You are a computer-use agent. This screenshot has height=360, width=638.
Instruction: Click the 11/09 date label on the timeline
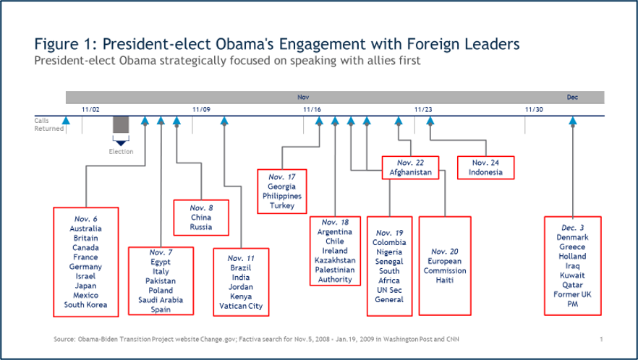point(201,109)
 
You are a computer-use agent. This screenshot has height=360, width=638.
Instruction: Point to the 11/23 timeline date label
point(423,109)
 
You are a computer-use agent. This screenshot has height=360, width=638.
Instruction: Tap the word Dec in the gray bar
point(572,97)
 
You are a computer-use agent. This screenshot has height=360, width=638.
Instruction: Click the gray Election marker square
point(121,124)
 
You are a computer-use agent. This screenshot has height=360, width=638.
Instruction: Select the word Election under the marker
point(121,152)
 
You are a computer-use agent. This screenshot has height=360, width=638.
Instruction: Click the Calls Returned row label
point(49,124)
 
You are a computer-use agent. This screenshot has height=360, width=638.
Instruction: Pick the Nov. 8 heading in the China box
point(201,208)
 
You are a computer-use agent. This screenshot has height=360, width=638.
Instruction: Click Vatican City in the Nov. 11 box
point(241,306)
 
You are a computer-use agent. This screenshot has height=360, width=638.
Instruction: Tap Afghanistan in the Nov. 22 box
point(411,172)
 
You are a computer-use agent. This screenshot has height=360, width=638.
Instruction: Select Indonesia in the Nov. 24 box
point(485,172)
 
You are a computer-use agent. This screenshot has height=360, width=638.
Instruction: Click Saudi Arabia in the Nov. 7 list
point(161,300)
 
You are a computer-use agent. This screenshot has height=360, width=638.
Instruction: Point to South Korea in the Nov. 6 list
point(85,304)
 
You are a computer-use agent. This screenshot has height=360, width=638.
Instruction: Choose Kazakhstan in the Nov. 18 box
point(335,260)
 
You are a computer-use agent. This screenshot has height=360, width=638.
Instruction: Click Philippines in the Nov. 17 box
point(282,196)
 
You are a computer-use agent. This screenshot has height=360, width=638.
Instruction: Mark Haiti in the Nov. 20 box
point(444,280)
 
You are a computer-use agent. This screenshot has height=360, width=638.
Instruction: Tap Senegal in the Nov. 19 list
point(389,262)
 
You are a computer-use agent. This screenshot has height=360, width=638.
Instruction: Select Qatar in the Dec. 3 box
point(572,285)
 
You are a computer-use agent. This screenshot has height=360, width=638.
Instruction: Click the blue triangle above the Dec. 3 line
point(573,121)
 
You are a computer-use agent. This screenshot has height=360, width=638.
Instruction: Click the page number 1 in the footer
point(601,339)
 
